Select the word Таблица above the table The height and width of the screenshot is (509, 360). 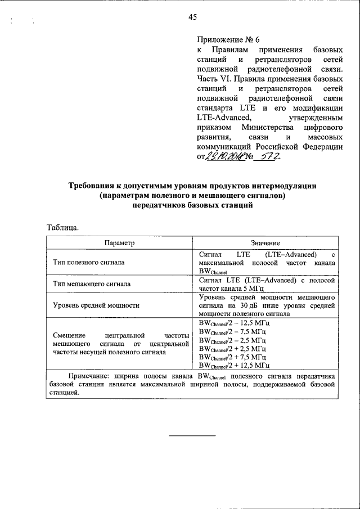[62, 227]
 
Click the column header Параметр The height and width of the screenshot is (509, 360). [119, 242]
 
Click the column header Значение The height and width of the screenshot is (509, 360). [265, 242]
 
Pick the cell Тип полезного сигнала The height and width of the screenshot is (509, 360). [88, 262]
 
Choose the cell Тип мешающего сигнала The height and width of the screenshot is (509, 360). [92, 284]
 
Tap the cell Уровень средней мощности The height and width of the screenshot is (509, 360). [96, 306]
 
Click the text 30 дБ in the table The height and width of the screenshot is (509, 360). [256, 306]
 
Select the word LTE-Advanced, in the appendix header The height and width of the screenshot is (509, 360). [220, 117]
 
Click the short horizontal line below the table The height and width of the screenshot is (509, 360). [192, 435]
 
